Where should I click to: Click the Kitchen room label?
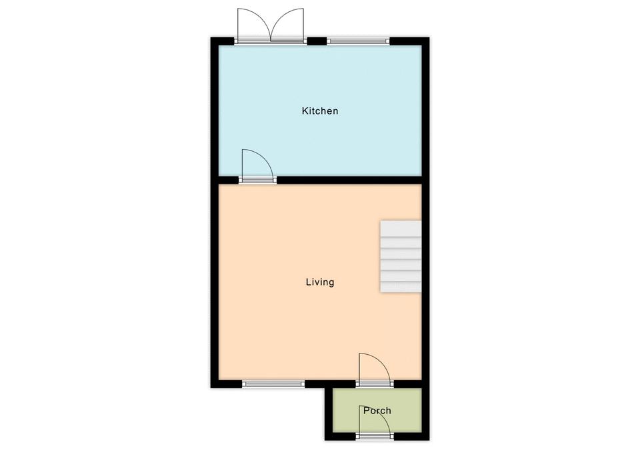[320, 111]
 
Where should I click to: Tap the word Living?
[320, 282]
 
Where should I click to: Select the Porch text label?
[377, 411]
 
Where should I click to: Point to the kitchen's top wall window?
[359, 41]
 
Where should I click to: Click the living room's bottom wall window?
[273, 383]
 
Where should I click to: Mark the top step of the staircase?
[401, 228]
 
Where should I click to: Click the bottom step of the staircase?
[401, 286]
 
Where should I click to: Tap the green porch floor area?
[377, 410]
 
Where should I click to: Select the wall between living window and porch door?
[330, 383]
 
